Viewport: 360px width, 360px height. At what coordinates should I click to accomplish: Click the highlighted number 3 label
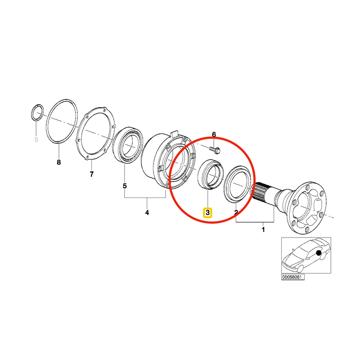(207, 212)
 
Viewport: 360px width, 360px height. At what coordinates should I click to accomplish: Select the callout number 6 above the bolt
(214, 135)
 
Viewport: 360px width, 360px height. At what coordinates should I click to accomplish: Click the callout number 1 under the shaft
(263, 230)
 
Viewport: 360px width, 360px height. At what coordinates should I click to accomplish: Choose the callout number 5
(125, 185)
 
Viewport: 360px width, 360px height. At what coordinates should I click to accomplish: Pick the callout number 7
(91, 174)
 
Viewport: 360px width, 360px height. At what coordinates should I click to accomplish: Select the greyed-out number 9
(36, 140)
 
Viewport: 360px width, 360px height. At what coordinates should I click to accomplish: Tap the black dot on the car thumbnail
(319, 254)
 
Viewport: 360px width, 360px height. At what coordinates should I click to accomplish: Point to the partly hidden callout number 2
(236, 211)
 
